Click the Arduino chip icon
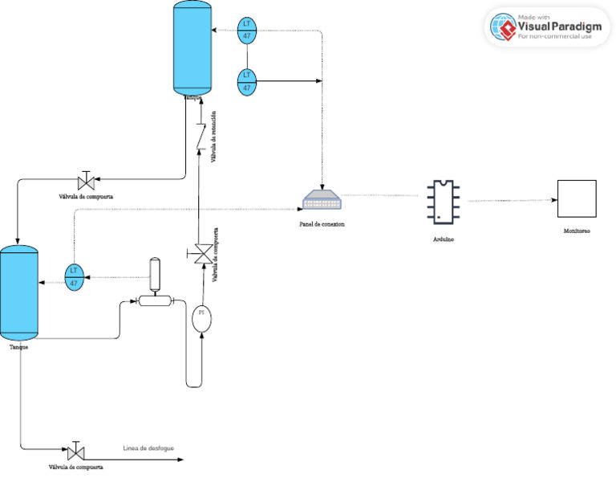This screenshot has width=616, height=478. (x=443, y=202)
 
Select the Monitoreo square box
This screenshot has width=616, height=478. (x=577, y=198)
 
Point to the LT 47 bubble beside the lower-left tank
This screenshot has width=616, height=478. (x=74, y=276)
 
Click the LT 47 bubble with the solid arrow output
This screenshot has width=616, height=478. (x=247, y=81)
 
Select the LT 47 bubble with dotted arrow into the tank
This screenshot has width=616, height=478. (x=247, y=30)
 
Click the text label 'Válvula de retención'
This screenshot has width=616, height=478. (x=213, y=137)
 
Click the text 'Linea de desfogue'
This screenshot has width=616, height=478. (x=148, y=448)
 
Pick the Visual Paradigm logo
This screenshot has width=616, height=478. (x=547, y=27)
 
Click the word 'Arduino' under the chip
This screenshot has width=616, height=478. (x=444, y=240)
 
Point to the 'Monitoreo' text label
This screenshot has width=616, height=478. (x=577, y=231)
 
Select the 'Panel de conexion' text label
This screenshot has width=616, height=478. (x=322, y=224)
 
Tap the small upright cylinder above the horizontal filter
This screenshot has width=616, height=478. (x=156, y=274)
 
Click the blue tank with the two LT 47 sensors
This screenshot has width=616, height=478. (x=192, y=47)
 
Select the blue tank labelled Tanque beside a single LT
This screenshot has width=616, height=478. (x=18, y=294)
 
